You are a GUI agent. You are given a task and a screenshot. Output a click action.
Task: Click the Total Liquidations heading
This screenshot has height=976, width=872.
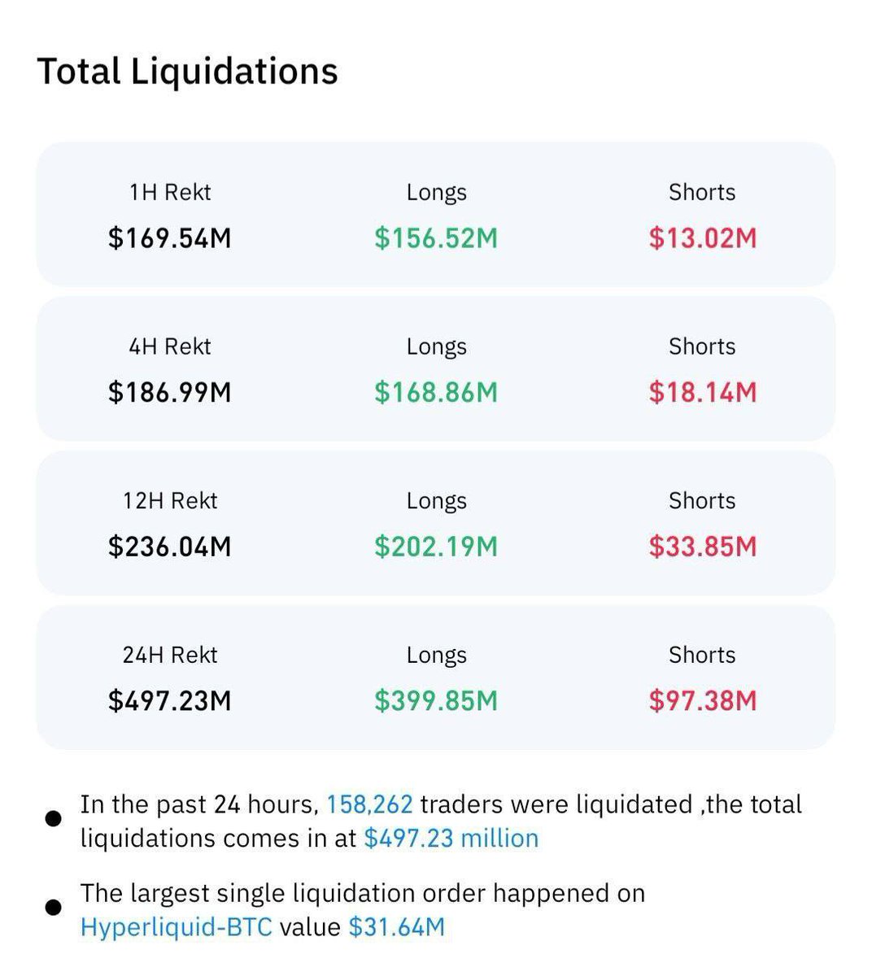(x=187, y=72)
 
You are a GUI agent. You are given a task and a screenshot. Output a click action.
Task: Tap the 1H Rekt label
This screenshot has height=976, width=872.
(x=170, y=193)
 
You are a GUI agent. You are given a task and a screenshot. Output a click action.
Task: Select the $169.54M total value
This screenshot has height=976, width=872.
(x=170, y=238)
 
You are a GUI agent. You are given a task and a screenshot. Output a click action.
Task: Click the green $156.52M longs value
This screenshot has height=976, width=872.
(x=436, y=238)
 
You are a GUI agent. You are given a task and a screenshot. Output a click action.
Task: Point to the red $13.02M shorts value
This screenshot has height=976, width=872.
(x=702, y=238)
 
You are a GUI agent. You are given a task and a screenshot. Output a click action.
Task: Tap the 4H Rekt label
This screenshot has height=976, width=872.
(x=170, y=346)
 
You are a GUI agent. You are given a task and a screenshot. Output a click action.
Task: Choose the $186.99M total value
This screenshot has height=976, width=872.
(x=170, y=393)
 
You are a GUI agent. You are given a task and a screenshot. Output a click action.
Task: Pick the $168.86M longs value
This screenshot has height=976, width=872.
(x=436, y=393)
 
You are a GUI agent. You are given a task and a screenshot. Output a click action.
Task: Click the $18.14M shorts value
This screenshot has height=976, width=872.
(x=702, y=393)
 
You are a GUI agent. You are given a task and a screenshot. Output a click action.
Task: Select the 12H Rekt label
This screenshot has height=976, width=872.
(x=170, y=501)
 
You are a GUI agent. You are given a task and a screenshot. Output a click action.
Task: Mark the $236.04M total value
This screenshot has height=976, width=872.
(x=170, y=547)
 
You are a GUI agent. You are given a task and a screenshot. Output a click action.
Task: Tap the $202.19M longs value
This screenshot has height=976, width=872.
(x=436, y=547)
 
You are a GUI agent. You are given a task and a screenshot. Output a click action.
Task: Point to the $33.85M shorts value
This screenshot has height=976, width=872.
(x=702, y=547)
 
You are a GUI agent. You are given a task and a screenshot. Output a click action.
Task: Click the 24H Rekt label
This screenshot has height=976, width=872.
(x=170, y=655)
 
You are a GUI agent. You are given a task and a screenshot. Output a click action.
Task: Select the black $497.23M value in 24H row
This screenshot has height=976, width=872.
(x=170, y=701)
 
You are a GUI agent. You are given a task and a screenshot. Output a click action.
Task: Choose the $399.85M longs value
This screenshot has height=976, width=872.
(x=436, y=701)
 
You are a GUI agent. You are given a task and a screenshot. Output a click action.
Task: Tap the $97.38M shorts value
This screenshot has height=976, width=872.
(x=702, y=701)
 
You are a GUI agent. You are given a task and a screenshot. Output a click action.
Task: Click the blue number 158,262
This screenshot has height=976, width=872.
(x=369, y=804)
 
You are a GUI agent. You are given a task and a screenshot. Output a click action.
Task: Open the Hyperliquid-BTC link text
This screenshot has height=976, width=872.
(x=176, y=927)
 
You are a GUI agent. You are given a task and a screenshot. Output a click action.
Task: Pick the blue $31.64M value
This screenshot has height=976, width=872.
(x=396, y=927)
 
